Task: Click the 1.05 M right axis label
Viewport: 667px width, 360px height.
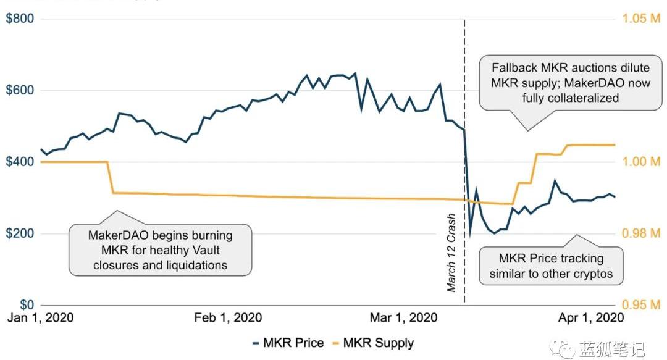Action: click(x=642, y=19)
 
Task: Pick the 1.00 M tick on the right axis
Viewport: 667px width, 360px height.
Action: click(x=642, y=162)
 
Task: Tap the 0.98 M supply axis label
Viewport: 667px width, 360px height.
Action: click(x=642, y=234)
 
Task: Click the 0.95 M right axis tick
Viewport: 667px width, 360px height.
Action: click(x=642, y=306)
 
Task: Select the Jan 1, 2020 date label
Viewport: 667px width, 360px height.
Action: click(x=40, y=318)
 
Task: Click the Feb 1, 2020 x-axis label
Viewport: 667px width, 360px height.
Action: click(x=228, y=318)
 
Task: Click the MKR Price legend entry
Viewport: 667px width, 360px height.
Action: click(x=289, y=343)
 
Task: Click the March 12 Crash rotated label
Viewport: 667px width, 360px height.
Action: click(x=451, y=253)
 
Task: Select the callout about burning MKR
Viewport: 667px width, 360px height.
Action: click(x=160, y=250)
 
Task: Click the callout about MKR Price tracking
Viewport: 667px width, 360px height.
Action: click(x=551, y=266)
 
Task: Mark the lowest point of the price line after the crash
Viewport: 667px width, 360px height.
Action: click(x=470, y=236)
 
